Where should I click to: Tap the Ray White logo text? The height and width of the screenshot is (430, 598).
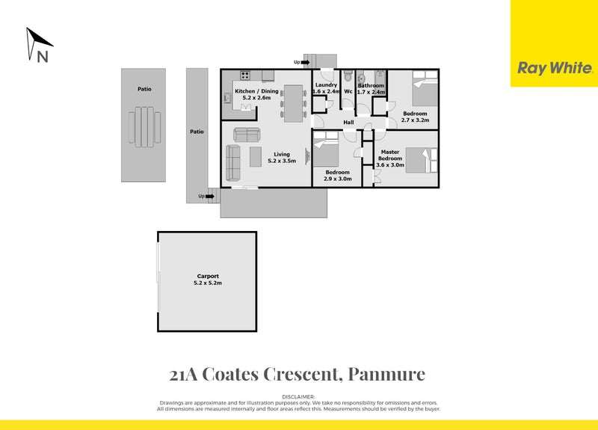[555, 69]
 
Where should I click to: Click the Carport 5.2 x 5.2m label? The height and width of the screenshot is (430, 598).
[207, 280]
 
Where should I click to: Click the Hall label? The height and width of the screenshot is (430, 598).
[348, 122]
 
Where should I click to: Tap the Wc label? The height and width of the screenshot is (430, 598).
[348, 92]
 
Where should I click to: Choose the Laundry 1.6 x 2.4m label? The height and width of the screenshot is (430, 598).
[327, 88]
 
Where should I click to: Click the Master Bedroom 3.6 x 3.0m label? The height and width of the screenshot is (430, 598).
[389, 159]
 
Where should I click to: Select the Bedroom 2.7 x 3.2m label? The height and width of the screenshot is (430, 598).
[413, 117]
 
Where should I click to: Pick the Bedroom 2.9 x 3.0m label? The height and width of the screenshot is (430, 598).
[337, 176]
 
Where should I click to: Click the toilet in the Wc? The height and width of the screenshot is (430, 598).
[348, 77]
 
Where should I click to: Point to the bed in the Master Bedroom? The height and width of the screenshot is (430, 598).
[419, 160]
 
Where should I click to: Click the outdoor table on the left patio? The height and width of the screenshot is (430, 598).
[144, 127]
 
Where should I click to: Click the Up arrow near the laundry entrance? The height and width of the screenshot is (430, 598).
[297, 62]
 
